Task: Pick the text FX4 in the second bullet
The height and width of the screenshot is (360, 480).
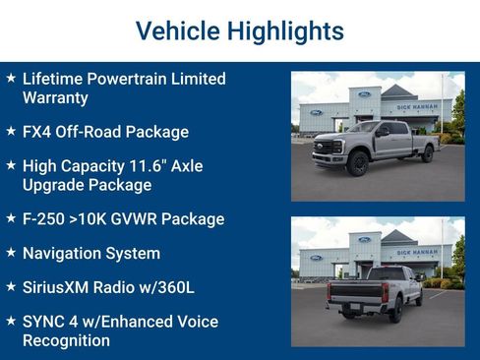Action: point(37,132)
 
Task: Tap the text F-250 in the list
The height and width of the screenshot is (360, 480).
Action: point(43,219)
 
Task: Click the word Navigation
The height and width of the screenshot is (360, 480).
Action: point(61,254)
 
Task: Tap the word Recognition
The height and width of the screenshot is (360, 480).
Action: point(66,340)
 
